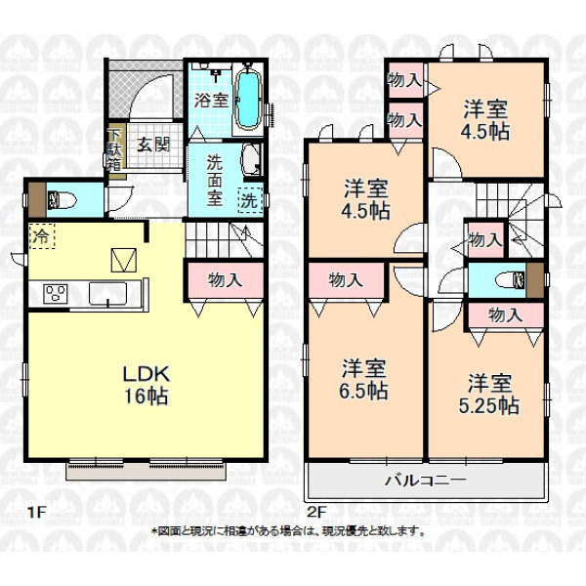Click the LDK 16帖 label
coord(146,385)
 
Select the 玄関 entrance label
coord(153,145)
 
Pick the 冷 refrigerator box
coord(42,236)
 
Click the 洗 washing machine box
coord(250,200)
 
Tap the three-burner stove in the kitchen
coord(56,293)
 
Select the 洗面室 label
coord(215,181)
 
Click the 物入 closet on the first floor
coord(226,280)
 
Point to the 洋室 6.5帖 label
coord(363,380)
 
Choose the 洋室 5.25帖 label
coord(489,394)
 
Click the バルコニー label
coord(426,480)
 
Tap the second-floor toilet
coord(511,280)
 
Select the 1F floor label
coord(36,512)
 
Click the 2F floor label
coord(317,512)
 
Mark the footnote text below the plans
coord(288,530)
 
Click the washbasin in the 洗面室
coord(251,159)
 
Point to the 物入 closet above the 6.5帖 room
coord(347,280)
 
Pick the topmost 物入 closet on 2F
coord(406,80)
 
